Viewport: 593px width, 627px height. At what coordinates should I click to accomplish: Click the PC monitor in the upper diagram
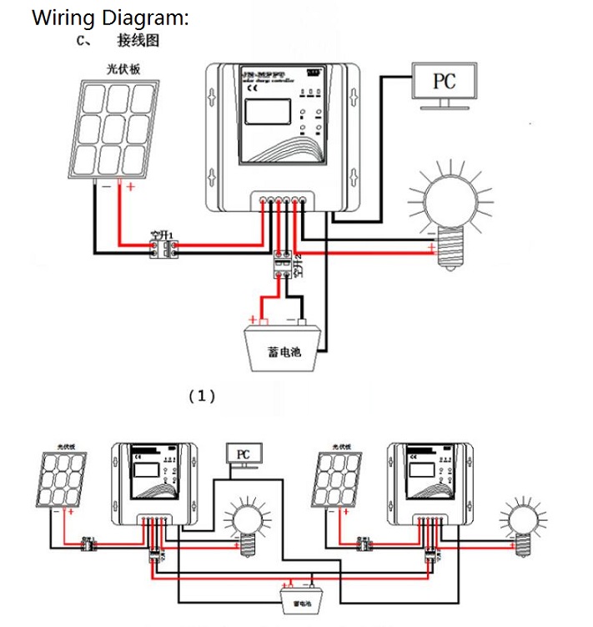444,82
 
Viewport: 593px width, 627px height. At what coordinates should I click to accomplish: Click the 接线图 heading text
138,40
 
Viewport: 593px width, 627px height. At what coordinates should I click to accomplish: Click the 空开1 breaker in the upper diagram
159,247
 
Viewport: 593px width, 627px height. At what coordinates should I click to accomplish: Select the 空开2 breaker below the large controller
284,266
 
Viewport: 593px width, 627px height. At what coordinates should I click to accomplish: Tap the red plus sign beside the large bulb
430,249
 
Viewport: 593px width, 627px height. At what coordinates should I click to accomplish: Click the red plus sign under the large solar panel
130,188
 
